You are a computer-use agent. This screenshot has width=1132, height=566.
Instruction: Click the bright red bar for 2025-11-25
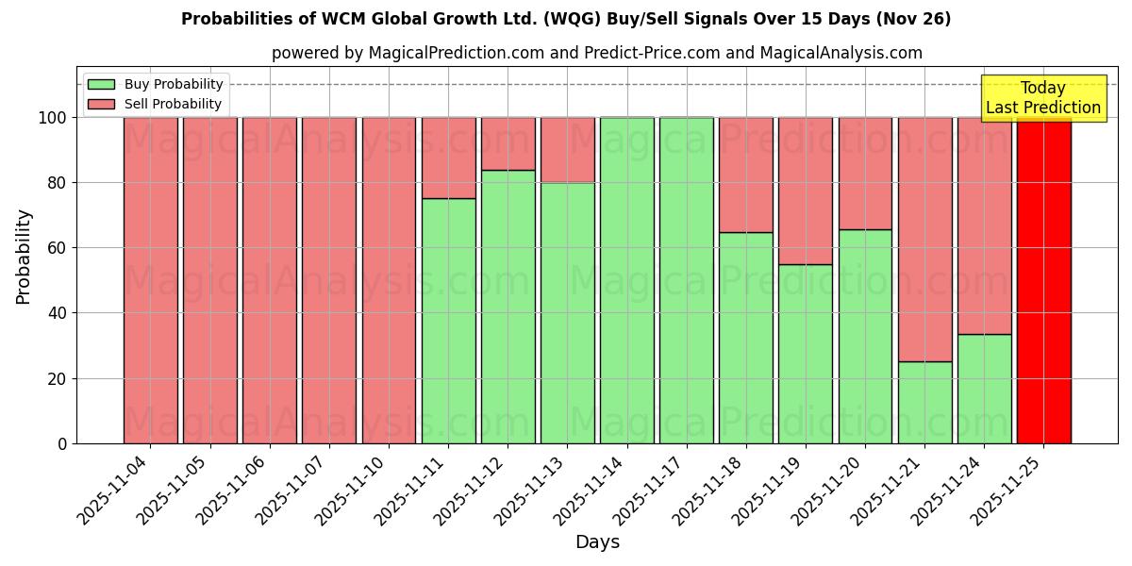[x=1043, y=280]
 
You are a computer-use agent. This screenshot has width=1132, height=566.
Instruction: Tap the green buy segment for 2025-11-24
[x=984, y=389]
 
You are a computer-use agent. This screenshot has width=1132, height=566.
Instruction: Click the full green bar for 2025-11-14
[x=626, y=280]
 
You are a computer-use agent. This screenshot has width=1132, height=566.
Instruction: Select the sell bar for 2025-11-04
[x=150, y=280]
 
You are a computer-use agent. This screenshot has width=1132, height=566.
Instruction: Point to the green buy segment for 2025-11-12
[x=508, y=307]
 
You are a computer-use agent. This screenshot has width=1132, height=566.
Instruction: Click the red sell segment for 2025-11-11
[x=448, y=158]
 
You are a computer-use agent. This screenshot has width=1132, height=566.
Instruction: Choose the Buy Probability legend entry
[x=156, y=84]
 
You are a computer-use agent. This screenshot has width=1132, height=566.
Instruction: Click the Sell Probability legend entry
[x=156, y=104]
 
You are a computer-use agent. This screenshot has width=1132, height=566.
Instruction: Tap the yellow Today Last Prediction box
[x=1042, y=98]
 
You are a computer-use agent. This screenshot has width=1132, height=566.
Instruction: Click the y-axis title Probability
[x=24, y=257]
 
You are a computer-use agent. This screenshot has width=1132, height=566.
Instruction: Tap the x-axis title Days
[x=597, y=542]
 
